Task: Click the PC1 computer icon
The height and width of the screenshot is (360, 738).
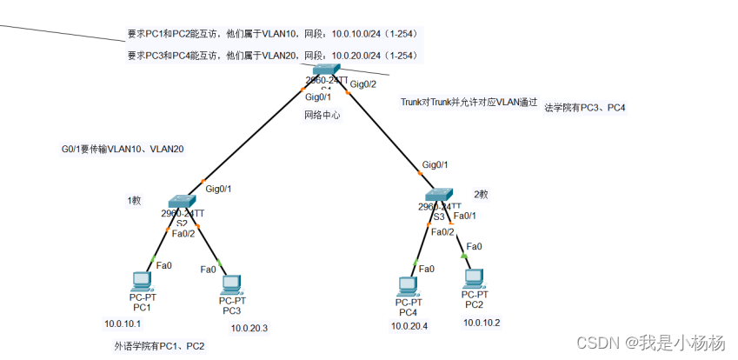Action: tap(142, 280)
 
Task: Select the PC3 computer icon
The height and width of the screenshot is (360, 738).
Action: tap(230, 283)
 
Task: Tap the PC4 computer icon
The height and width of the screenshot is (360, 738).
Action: tap(406, 285)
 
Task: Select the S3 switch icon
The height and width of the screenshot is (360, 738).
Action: tap(438, 195)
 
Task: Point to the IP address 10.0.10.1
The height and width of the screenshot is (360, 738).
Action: tap(122, 323)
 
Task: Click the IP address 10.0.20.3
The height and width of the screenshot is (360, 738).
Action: tap(249, 328)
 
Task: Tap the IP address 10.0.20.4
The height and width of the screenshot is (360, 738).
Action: tap(409, 326)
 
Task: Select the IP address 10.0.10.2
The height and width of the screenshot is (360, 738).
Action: tap(482, 323)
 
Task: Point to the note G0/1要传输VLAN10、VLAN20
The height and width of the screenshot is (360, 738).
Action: tap(117, 150)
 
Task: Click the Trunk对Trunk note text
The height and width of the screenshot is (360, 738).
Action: tap(469, 102)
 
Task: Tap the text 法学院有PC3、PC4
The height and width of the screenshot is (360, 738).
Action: tap(584, 108)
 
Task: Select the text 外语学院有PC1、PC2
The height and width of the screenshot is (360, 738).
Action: tap(159, 346)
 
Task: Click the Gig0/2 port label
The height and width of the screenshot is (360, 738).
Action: tap(362, 84)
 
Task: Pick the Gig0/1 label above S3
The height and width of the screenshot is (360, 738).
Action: tap(435, 164)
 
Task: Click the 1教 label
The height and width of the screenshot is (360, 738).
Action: tap(134, 200)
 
